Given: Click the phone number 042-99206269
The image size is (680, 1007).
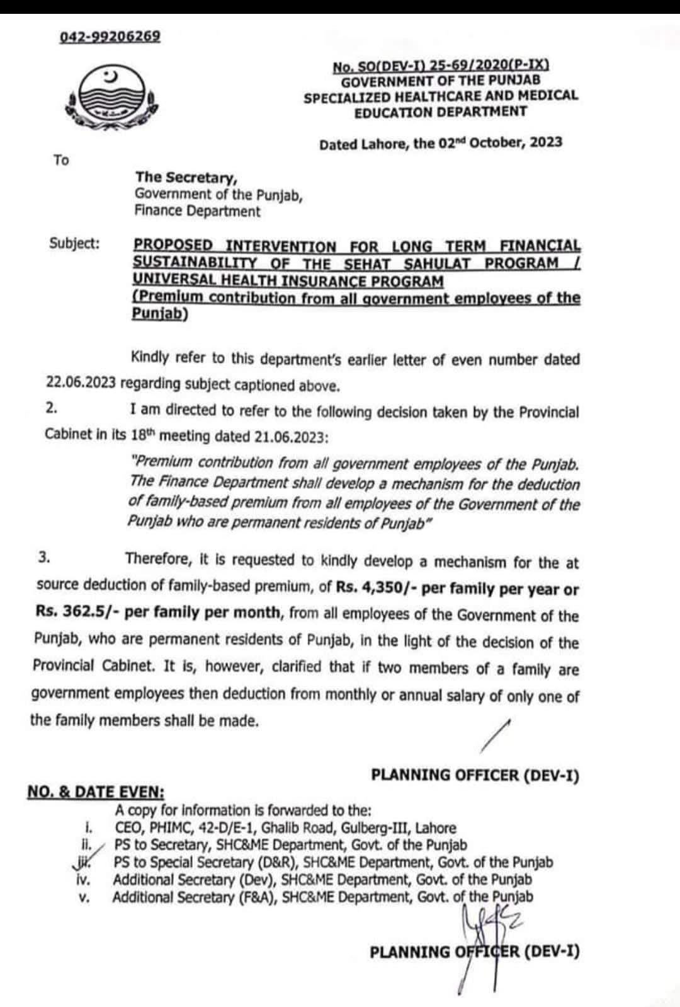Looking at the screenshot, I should pos(110,37).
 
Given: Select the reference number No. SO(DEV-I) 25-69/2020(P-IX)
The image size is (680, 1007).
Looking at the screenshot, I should pos(441,65).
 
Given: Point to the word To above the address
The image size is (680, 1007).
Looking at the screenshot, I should pos(61,160).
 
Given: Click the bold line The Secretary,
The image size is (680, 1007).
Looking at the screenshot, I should pos(186,177).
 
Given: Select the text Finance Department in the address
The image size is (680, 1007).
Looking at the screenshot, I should pos(197,211).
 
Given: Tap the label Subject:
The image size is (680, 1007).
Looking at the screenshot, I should pos(74,243).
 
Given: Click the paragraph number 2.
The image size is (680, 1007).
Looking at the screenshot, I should pos(52,408).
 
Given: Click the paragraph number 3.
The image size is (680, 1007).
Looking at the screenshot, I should pos(44,557).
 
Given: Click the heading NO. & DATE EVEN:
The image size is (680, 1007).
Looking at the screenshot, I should pos(96,792).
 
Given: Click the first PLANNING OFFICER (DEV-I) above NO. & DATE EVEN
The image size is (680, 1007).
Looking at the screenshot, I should pos(475,775).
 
